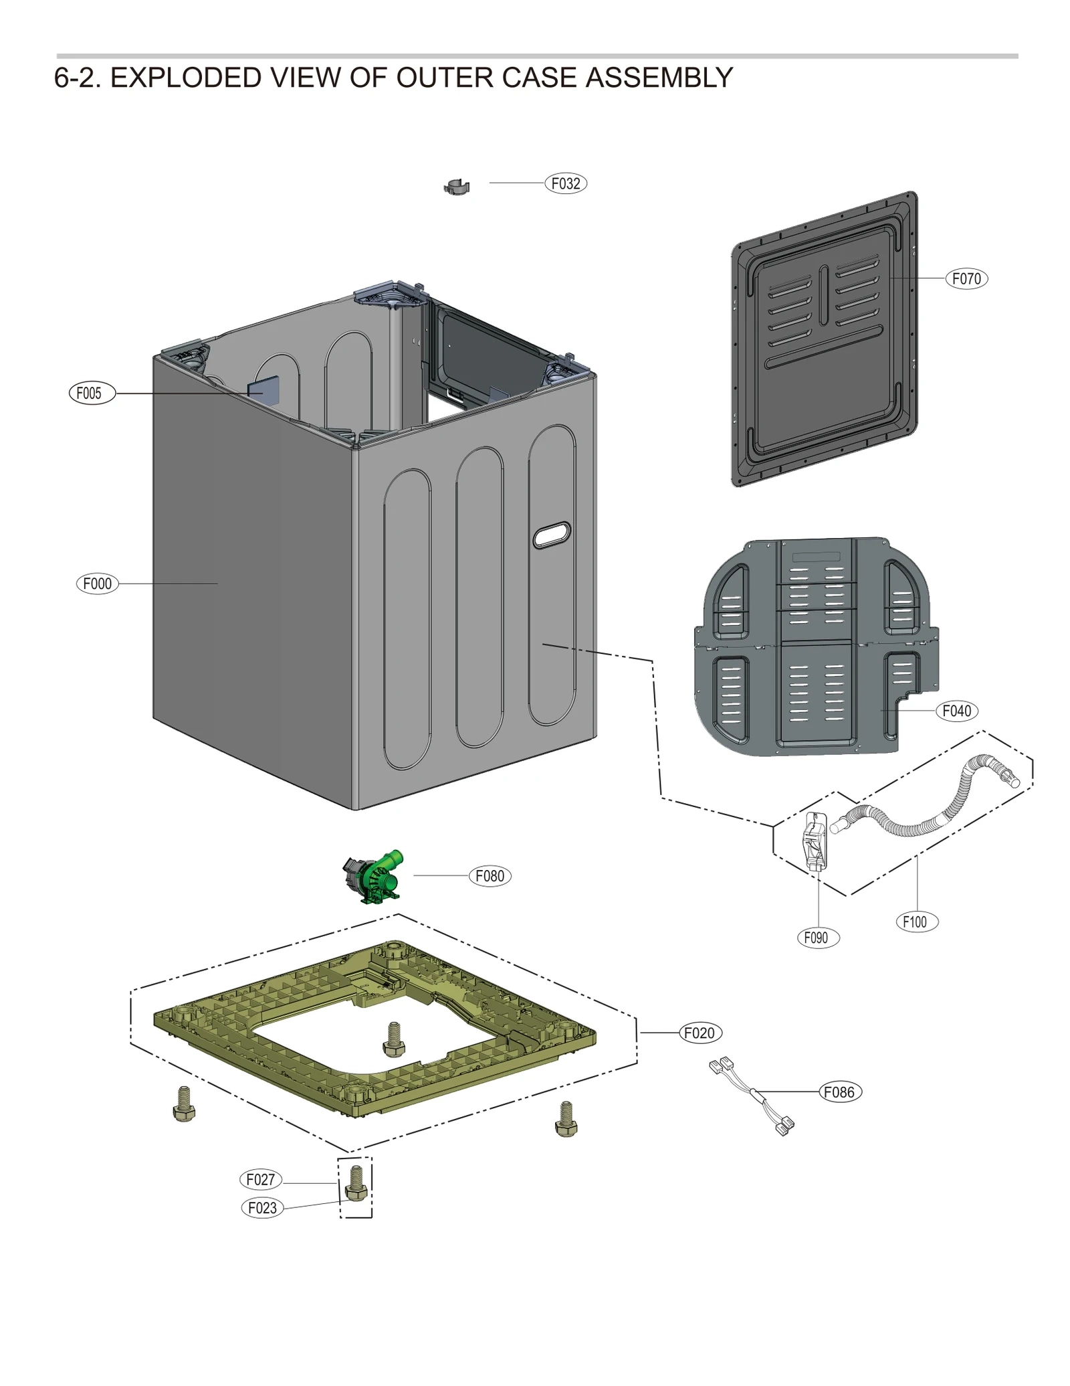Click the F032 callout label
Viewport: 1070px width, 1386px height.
pyautogui.click(x=565, y=183)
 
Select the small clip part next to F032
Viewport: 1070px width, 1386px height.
pyautogui.click(x=457, y=187)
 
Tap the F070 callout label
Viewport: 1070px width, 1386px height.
pyautogui.click(x=966, y=278)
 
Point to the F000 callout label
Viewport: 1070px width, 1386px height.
pyautogui.click(x=98, y=584)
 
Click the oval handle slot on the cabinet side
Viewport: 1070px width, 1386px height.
pyautogui.click(x=552, y=535)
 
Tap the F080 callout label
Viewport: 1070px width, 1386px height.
pyautogui.click(x=490, y=876)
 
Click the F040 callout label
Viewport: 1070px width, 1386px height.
pyautogui.click(x=956, y=711)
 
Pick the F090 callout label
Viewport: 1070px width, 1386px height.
pyautogui.click(x=817, y=938)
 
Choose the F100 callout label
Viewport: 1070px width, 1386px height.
pyautogui.click(x=916, y=922)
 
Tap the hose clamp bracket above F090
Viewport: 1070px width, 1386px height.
pyautogui.click(x=815, y=841)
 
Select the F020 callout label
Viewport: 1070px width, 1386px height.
pyautogui.click(x=700, y=1033)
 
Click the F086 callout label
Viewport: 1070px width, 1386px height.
pyautogui.click(x=840, y=1092)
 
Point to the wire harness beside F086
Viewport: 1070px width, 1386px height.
pyautogui.click(x=752, y=1096)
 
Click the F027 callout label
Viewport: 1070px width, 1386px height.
pyautogui.click(x=261, y=1179)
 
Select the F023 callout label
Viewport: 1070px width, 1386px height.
pyautogui.click(x=262, y=1208)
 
